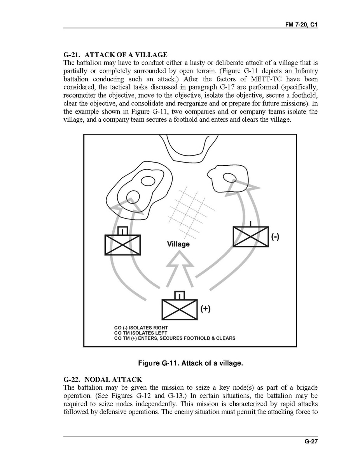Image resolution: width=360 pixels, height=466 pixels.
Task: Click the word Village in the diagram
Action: (178, 244)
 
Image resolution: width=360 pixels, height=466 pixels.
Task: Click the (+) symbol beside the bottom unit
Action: (205, 309)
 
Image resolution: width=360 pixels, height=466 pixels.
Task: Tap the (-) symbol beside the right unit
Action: (275, 237)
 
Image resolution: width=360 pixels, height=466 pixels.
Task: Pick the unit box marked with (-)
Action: (250, 237)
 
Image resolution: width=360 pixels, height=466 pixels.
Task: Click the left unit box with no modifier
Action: (122, 245)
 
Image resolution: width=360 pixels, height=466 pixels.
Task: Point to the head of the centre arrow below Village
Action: (180, 258)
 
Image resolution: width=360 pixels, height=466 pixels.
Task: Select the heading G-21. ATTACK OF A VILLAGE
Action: (115, 54)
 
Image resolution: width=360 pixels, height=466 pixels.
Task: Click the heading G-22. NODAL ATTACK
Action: (103, 379)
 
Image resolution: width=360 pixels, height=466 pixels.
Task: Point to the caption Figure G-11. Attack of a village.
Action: (190, 363)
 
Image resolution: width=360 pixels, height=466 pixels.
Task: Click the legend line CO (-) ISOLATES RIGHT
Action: (141, 328)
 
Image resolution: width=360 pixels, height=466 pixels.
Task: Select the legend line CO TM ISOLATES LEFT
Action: (141, 333)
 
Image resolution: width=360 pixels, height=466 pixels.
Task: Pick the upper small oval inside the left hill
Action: (148, 181)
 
